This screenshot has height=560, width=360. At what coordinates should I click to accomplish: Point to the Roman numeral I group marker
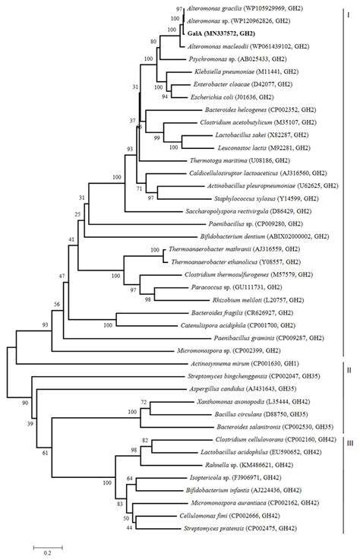[x=347, y=13]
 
